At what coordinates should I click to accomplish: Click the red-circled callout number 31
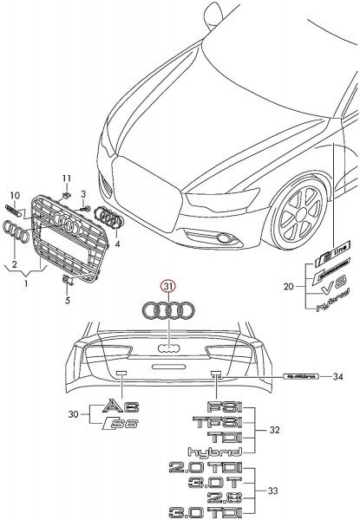coord(167,285)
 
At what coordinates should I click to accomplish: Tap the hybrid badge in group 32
coord(213,451)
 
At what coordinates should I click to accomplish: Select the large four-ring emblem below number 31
coord(167,310)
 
